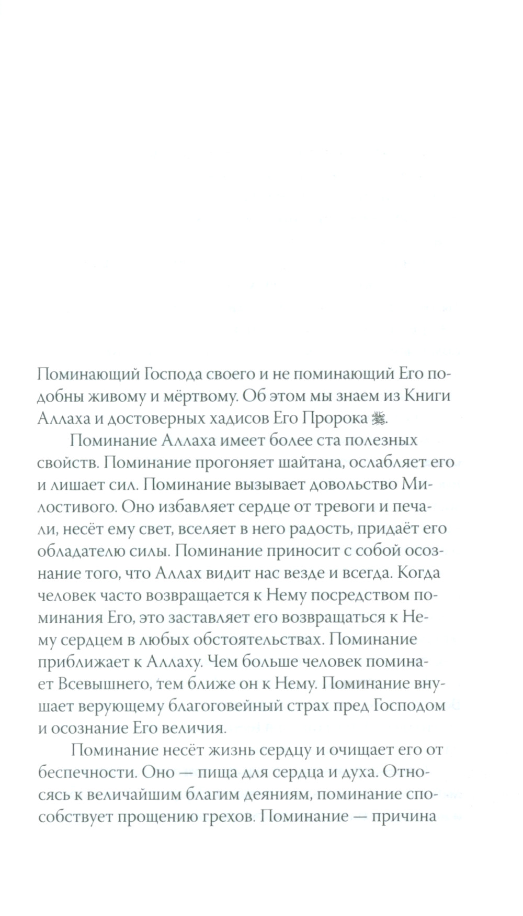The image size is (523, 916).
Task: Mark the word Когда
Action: (418, 572)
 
